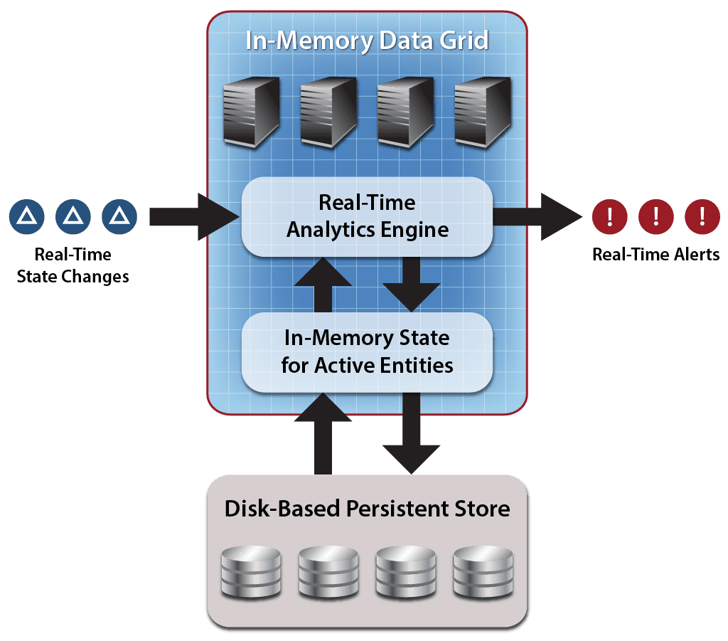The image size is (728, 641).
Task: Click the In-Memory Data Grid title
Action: [x=367, y=41]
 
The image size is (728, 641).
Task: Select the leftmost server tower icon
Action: [x=252, y=112]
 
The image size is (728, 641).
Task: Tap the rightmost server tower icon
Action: [x=483, y=112]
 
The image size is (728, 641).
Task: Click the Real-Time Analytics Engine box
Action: [x=367, y=216]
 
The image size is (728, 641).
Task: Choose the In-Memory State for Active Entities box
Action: [x=367, y=352]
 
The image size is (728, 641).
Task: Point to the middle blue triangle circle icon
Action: [x=73, y=216]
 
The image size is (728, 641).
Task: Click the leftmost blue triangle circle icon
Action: [x=26, y=216]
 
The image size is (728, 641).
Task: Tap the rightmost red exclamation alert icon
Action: [x=702, y=216]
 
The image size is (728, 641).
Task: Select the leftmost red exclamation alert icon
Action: [x=609, y=216]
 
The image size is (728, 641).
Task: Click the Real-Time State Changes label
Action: [x=73, y=265]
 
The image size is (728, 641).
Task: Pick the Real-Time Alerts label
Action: [x=655, y=255]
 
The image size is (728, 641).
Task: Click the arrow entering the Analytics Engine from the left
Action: [x=194, y=216]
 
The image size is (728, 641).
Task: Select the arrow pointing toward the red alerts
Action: [x=537, y=216]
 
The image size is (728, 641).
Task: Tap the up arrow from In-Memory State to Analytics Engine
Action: [x=323, y=285]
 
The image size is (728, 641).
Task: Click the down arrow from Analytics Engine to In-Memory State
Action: [x=412, y=285]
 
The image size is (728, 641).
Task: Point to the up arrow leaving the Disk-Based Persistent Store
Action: [x=323, y=433]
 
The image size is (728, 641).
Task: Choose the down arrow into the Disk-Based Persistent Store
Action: [x=412, y=433]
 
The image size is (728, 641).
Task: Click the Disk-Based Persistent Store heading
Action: [x=367, y=509]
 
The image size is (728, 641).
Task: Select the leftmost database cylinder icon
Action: [x=251, y=572]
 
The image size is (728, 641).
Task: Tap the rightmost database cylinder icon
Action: [x=483, y=572]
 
